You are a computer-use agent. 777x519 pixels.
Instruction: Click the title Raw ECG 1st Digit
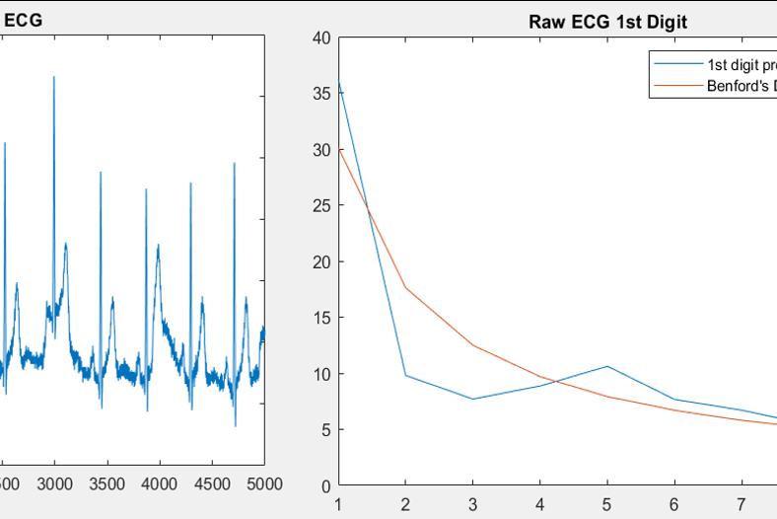[609, 21]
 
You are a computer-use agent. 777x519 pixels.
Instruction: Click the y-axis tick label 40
[319, 38]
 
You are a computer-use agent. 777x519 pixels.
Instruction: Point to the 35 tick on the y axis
[319, 95]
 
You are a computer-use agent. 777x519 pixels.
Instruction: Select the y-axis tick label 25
[319, 206]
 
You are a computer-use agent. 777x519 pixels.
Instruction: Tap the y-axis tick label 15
[319, 318]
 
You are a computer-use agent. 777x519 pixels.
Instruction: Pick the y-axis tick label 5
[324, 429]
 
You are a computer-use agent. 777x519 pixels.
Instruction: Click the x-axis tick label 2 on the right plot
[405, 504]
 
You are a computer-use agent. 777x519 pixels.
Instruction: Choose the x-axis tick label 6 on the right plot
[673, 504]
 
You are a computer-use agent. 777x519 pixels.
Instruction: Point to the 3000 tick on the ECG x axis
[54, 483]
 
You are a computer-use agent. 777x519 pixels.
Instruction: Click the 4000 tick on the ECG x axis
[159, 483]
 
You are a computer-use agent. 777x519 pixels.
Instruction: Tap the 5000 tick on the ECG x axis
[263, 483]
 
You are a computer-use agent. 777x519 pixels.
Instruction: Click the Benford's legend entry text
[740, 86]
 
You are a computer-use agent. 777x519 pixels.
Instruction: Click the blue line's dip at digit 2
[405, 375]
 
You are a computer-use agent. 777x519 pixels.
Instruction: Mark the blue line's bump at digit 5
[606, 366]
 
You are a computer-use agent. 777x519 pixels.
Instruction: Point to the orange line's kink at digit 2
[405, 287]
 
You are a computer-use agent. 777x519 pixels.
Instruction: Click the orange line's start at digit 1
[339, 149]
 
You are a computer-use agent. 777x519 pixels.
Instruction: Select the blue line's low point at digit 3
[472, 399]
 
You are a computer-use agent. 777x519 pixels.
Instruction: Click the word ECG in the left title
[22, 20]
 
